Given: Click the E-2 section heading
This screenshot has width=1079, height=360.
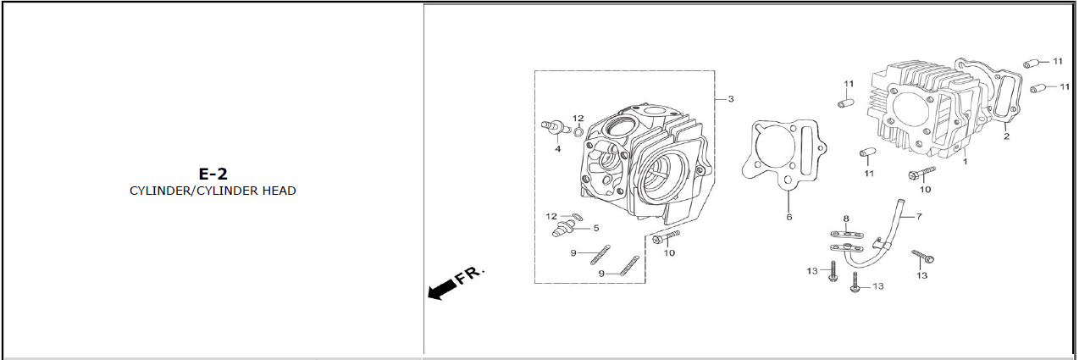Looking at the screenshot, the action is (x=213, y=174).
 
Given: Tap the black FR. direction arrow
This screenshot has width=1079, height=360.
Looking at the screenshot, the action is (x=443, y=291).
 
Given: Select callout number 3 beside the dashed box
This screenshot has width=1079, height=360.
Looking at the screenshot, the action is (x=731, y=99).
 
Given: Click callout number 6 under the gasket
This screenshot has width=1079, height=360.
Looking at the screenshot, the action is (x=789, y=218).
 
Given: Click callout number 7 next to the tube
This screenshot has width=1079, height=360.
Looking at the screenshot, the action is (x=919, y=216).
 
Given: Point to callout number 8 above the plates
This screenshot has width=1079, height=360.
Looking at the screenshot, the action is (x=846, y=219).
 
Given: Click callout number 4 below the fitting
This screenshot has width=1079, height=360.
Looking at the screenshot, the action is (x=558, y=149).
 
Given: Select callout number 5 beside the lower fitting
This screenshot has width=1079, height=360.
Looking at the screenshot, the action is (x=596, y=228).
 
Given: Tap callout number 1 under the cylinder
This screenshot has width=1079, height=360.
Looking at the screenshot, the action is (x=965, y=162).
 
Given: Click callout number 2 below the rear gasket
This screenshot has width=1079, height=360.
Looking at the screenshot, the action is (x=1006, y=136).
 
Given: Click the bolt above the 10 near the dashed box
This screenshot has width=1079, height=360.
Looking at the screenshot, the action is (x=666, y=236).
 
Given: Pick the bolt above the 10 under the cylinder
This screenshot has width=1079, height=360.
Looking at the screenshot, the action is (x=921, y=173).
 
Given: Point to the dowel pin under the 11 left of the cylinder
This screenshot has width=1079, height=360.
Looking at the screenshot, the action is (x=845, y=103).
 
